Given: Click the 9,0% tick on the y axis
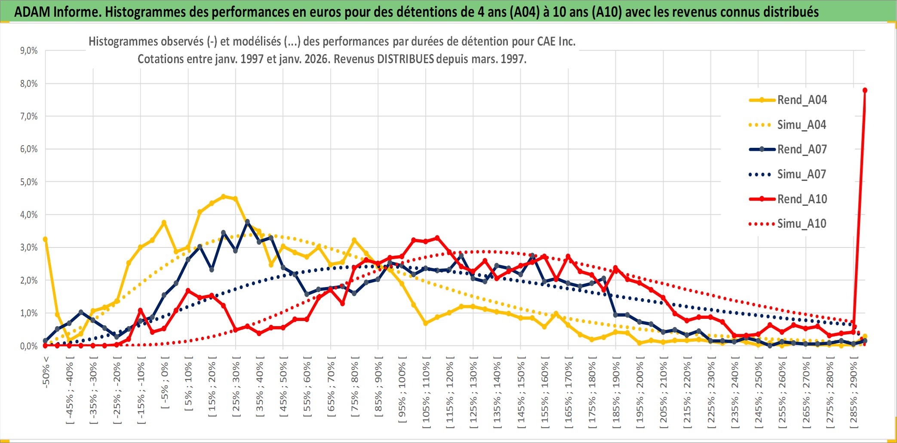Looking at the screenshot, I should (x=29, y=51).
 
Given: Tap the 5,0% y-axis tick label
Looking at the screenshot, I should (x=29, y=182).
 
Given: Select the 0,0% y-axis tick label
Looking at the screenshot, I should (x=29, y=346).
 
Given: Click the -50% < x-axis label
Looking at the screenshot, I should (x=46, y=372).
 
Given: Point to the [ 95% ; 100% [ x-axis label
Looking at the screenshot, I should (x=402, y=392).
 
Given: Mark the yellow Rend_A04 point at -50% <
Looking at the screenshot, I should (x=45, y=239).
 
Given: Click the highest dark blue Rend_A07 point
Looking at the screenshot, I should (x=247, y=222).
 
